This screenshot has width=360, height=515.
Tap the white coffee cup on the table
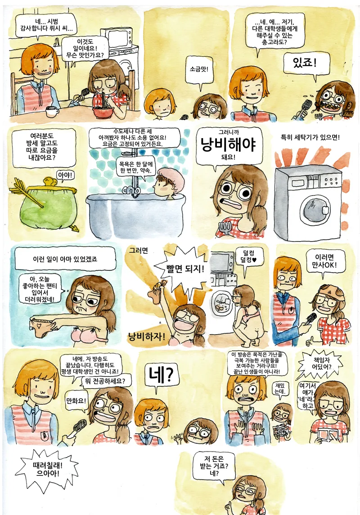point(52,112)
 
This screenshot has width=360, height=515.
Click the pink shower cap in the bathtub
point(171,177)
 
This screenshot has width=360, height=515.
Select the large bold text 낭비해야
point(229,144)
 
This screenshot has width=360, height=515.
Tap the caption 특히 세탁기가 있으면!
point(310,138)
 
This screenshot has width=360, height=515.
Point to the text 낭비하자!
point(147,336)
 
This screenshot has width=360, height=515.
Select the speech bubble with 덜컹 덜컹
point(249,257)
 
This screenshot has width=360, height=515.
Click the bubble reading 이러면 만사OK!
point(325,261)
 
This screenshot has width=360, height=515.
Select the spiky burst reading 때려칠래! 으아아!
point(47,469)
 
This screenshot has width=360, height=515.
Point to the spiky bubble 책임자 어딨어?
point(322,363)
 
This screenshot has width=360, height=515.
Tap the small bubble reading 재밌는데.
point(280,389)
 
